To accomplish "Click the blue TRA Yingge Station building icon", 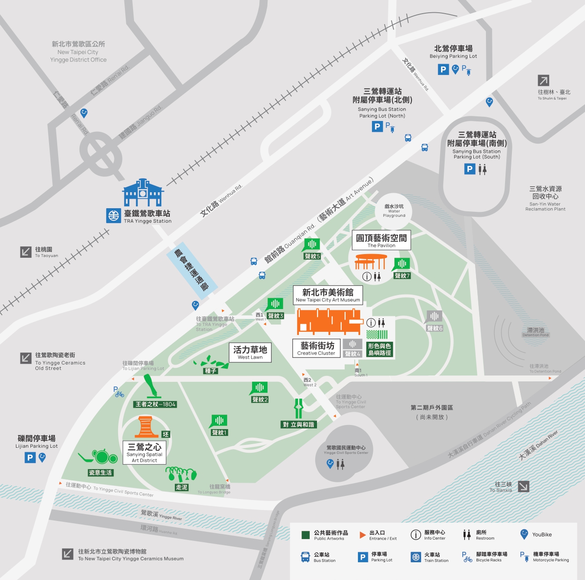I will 143,193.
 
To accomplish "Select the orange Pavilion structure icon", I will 371,262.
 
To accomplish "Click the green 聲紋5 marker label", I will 312,256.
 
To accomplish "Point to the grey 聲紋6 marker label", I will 435,328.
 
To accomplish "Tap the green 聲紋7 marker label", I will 402,275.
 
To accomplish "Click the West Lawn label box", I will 250,352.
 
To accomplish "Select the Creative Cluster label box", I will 316,348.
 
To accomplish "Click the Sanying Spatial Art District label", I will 144,453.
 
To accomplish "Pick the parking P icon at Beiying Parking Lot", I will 443,70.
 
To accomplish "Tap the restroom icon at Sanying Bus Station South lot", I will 482,170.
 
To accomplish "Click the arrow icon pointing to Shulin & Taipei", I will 544,80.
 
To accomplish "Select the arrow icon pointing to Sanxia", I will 523,486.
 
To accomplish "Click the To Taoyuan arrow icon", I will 26,252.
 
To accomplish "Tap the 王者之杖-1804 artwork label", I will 155,404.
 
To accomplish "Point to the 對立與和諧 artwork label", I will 298,425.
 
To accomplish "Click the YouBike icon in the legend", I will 524,534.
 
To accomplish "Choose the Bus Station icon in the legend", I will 306,557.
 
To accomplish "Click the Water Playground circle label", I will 394,210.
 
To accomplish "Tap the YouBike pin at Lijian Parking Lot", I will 42,457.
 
